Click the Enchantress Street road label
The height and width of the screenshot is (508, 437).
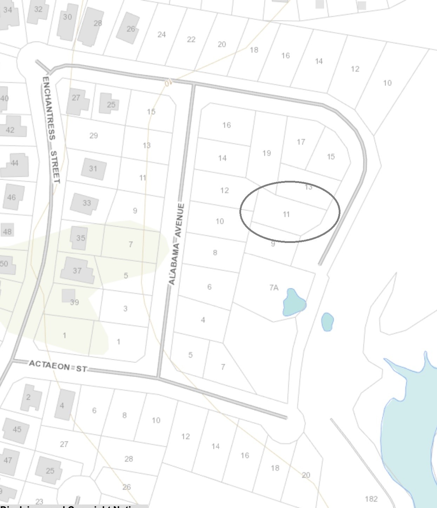(51, 130)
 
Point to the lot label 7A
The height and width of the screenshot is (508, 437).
(274, 288)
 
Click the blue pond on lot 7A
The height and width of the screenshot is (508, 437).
(293, 302)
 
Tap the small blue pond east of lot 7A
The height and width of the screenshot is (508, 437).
(327, 322)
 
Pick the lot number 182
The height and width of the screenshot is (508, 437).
(371, 499)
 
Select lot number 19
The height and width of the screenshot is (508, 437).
(266, 153)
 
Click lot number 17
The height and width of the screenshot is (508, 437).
(301, 142)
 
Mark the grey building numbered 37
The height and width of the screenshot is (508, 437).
(78, 270)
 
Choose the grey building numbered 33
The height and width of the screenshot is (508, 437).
(85, 204)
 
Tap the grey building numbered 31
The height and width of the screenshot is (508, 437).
(93, 169)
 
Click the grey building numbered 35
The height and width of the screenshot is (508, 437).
(79, 238)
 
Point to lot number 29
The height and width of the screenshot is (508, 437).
(93, 136)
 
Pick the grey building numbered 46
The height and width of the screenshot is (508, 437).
(13, 197)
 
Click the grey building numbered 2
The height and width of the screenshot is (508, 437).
(30, 397)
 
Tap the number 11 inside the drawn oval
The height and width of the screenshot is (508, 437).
(286, 214)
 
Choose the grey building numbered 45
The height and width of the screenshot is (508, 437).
(16, 430)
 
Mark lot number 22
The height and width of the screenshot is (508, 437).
(191, 39)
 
